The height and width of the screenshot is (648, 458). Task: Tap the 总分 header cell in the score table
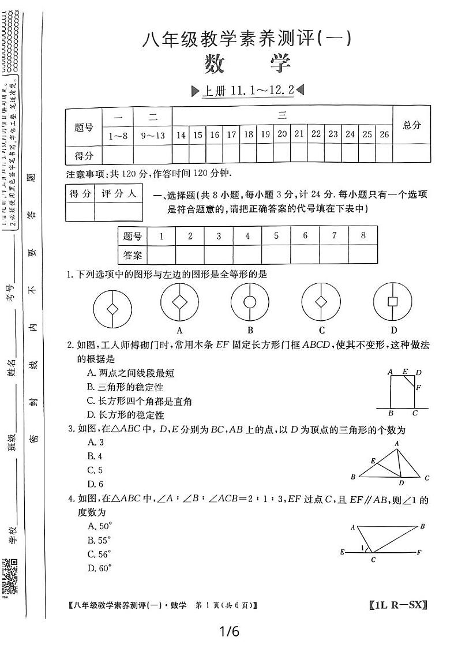(x=411, y=125)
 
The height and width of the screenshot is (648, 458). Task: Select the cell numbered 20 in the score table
(x=282, y=134)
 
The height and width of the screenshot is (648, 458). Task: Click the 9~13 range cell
(x=153, y=134)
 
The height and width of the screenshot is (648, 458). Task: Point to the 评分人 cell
(x=118, y=194)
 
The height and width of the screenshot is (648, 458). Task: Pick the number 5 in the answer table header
(x=276, y=235)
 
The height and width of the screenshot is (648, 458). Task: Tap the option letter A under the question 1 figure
(x=180, y=330)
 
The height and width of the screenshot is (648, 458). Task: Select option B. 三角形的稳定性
(x=130, y=387)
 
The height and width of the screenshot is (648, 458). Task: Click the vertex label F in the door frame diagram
(x=418, y=388)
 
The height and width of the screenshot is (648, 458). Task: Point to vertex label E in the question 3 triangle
(x=374, y=460)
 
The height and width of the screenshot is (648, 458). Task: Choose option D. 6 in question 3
(x=95, y=484)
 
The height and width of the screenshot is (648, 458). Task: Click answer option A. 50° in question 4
(x=99, y=526)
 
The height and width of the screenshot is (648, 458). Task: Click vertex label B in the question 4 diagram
(x=423, y=526)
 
